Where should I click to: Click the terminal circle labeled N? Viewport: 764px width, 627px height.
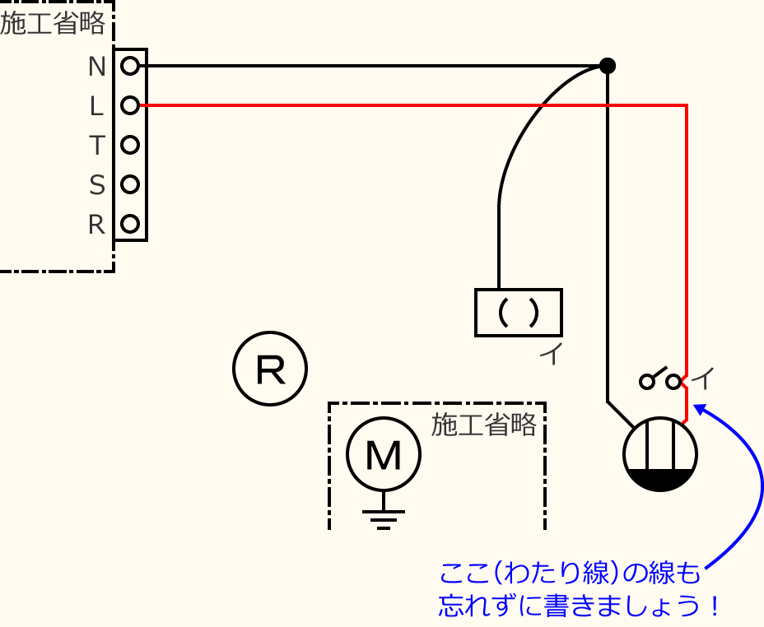(x=129, y=66)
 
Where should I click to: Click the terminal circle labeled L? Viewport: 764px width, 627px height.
(x=129, y=105)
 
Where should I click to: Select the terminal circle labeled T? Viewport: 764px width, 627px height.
(x=129, y=145)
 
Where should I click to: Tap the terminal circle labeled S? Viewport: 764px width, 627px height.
(x=129, y=184)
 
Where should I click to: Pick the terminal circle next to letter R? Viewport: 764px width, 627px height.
(x=129, y=223)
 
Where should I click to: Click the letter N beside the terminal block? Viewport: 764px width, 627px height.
(x=97, y=67)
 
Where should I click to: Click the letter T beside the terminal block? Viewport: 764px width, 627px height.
(x=97, y=146)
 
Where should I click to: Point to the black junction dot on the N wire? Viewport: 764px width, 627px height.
(x=607, y=66)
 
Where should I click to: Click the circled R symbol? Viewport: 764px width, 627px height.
(x=270, y=369)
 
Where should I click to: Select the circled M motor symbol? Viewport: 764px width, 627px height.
(x=383, y=454)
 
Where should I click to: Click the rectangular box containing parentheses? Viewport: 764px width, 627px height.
(x=519, y=313)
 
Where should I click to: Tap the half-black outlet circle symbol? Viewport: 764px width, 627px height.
(x=659, y=455)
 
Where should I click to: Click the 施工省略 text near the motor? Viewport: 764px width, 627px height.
(x=483, y=425)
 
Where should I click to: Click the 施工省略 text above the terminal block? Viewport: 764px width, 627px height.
(x=53, y=24)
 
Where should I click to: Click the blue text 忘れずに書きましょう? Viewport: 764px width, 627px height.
(x=580, y=606)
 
